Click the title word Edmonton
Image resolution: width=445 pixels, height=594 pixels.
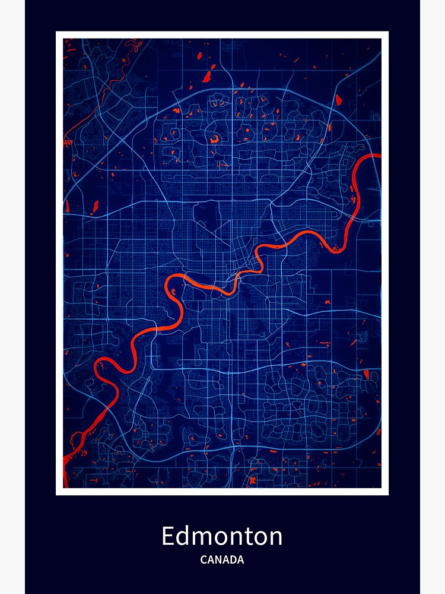tap(222, 536)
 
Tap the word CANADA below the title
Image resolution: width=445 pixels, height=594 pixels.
tap(222, 560)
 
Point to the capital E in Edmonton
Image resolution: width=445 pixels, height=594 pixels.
tap(169, 536)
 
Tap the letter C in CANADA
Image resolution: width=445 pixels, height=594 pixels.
tap(204, 560)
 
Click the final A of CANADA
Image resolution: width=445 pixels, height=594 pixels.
tap(240, 560)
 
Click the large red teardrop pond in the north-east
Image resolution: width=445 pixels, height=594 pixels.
tap(338, 100)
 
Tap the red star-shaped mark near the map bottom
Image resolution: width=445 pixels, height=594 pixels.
tap(252, 481)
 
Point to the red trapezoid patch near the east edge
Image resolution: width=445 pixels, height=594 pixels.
tap(366, 374)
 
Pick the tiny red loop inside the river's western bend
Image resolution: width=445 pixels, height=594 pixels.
tap(171, 292)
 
